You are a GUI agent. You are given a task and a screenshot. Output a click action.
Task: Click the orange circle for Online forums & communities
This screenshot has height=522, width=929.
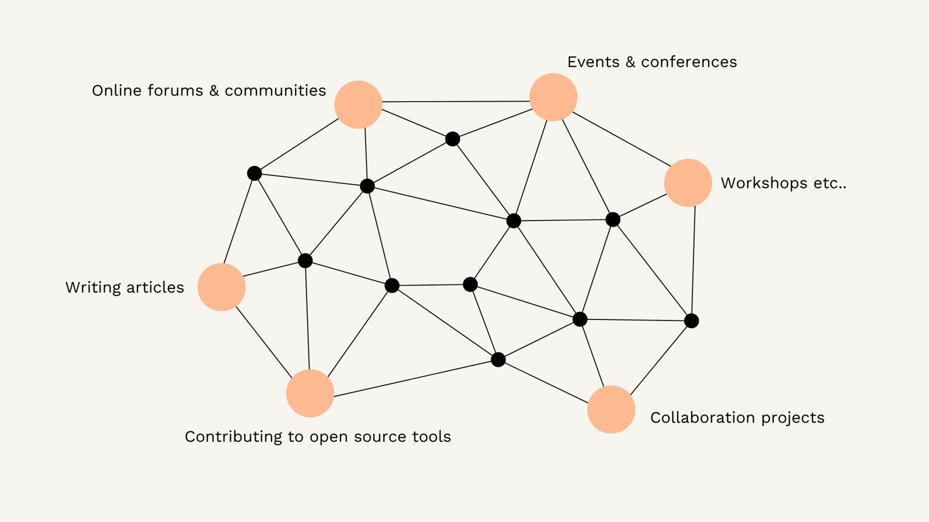358,104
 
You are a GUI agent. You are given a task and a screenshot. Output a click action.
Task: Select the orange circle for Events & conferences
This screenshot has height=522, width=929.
553,97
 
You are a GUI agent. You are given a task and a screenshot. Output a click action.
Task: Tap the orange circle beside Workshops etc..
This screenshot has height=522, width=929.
688,182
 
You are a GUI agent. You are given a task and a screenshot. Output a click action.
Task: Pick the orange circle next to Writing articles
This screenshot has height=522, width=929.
221,287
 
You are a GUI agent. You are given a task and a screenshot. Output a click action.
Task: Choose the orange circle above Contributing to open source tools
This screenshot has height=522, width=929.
310,393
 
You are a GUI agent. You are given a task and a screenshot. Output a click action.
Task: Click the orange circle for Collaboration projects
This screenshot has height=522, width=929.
611,409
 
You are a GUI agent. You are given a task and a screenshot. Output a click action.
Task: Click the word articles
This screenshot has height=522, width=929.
155,288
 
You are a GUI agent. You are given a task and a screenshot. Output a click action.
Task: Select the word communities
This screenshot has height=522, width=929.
275,91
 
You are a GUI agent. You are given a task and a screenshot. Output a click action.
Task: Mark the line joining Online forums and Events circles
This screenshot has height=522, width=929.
456,102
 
